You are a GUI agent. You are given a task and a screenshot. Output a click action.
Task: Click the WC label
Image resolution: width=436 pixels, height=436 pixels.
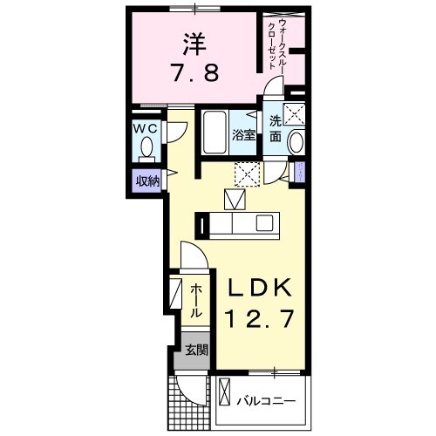coord(145,127)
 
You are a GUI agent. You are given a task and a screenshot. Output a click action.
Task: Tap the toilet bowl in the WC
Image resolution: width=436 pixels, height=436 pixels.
coord(145,151)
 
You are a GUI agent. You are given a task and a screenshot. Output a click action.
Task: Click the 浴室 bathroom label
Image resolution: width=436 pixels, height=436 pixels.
coord(244,135)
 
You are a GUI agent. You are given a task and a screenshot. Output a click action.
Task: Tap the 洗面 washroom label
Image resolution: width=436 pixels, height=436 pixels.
coord(275,129)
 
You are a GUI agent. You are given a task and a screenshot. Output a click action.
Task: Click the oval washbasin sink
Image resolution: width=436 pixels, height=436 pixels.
coord(296,143)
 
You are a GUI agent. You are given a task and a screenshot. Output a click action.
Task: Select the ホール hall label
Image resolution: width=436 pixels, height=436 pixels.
coord(196,300)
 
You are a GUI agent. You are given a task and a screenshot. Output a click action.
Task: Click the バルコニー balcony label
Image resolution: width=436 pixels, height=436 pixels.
coord(267,401)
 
